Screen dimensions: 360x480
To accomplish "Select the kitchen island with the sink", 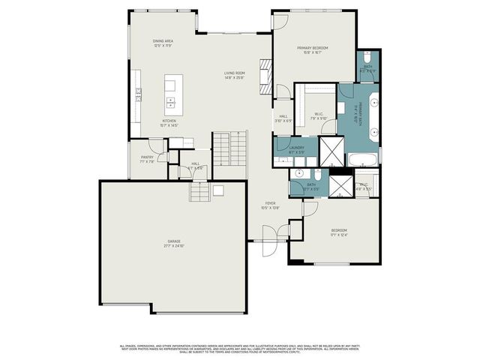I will pos(170,92).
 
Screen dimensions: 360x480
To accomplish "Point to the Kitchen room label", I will pos(169,121).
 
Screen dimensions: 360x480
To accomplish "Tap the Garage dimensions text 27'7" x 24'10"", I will pos(173,245).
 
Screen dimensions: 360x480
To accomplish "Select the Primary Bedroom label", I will pos(313,49).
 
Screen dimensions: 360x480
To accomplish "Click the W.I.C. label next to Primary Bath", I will pos(318,115).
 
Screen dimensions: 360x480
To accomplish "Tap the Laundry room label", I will pos(297,148).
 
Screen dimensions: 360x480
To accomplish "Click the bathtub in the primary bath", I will pos(362,160).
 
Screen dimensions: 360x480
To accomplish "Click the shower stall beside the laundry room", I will pos(331,151).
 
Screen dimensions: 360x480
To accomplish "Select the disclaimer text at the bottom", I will pos(240,348).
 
